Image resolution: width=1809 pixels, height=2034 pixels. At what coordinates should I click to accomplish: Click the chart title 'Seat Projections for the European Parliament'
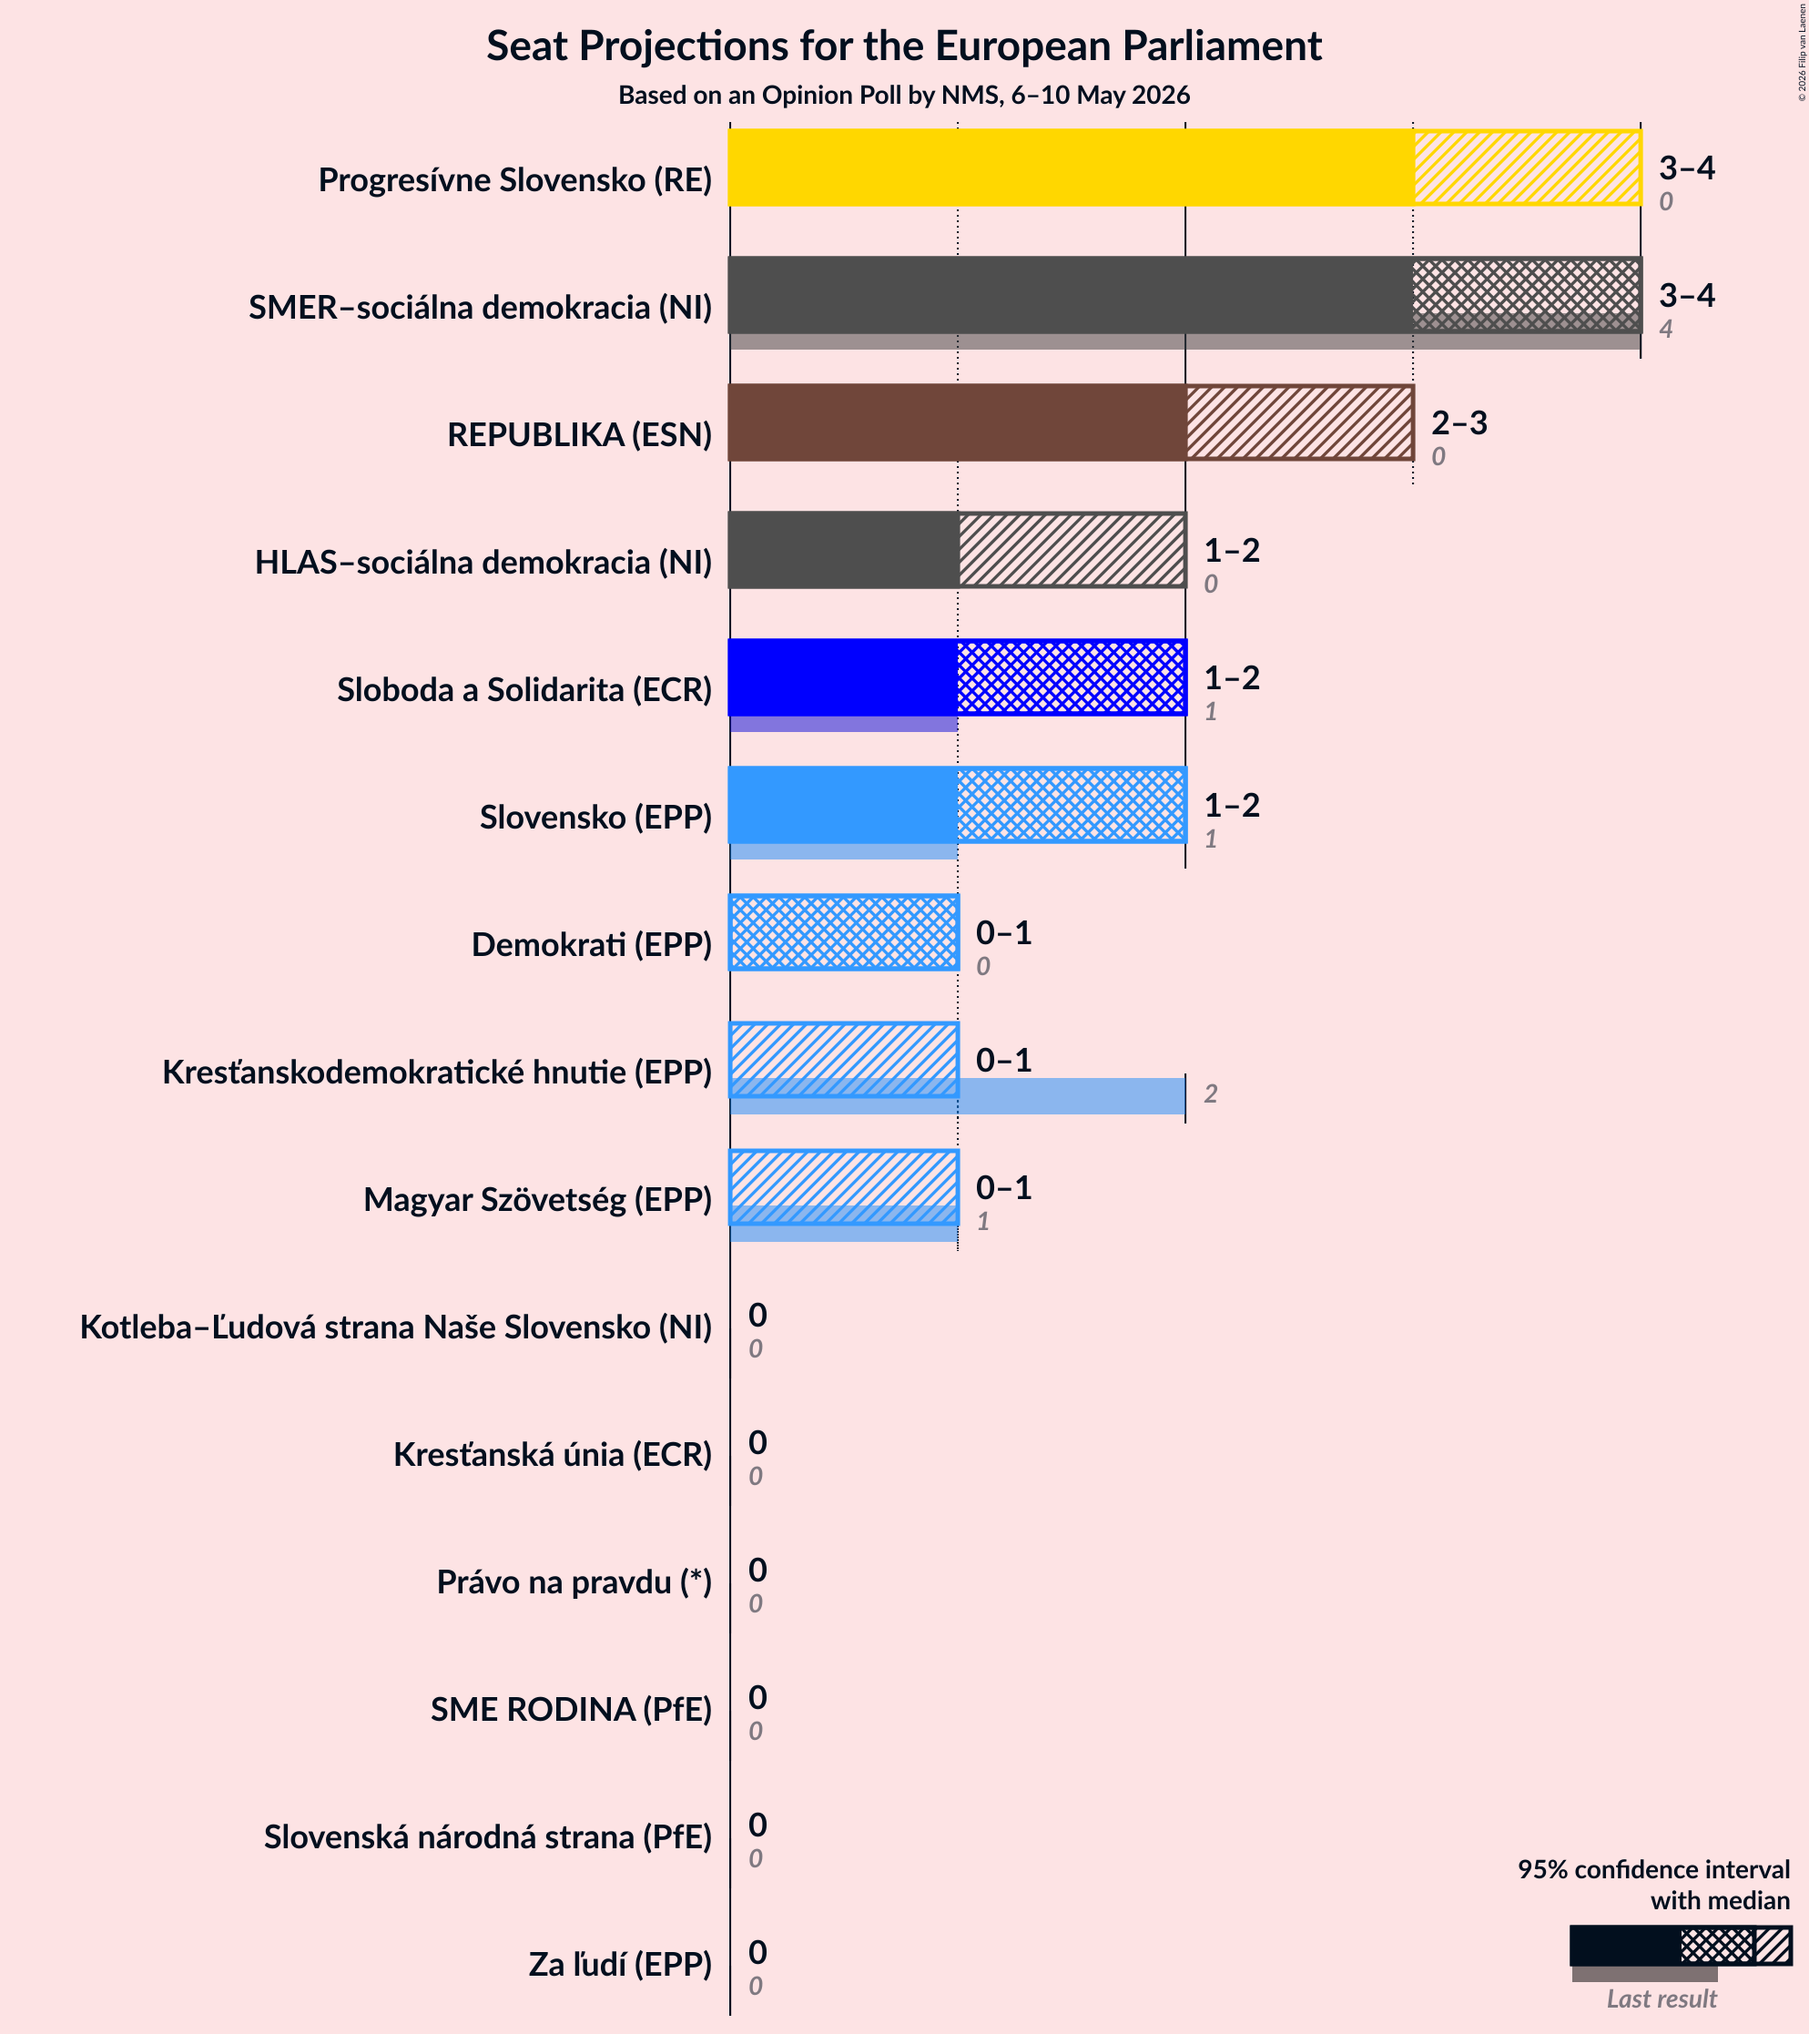point(903,46)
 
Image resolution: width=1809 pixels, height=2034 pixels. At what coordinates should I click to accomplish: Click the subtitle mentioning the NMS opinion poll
point(903,95)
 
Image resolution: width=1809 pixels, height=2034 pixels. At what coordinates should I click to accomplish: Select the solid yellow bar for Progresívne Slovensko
point(1071,168)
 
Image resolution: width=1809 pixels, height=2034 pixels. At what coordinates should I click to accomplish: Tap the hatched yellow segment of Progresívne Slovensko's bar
point(1528,168)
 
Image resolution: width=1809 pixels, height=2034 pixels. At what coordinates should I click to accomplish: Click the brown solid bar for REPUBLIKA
point(957,422)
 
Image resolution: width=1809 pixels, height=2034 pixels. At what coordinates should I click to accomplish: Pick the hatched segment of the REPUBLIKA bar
point(1299,422)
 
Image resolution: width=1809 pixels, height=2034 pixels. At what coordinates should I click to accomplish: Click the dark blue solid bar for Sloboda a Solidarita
point(843,676)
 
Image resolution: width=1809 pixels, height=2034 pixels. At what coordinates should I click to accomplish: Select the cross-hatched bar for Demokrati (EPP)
point(844,932)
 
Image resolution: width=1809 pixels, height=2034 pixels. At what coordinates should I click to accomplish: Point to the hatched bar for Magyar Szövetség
point(844,1187)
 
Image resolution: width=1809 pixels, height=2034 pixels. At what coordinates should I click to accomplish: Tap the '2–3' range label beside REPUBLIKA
point(1458,423)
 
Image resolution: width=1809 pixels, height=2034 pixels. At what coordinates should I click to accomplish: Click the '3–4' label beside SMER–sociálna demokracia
point(1687,296)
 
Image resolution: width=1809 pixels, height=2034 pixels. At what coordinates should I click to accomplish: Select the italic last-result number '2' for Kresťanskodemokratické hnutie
point(1211,1094)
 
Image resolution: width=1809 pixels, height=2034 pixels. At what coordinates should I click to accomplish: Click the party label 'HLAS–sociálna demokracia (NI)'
point(483,563)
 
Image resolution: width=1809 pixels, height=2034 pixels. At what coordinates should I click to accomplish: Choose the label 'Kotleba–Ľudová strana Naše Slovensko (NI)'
point(396,1327)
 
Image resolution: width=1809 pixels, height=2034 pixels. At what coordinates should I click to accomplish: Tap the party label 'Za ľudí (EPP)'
point(620,1964)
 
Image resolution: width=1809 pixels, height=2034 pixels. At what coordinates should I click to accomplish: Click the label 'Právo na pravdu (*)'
point(574,1581)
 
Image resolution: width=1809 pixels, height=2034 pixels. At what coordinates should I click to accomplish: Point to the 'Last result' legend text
point(1662,1999)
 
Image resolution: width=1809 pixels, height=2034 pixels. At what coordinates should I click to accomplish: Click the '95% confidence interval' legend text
point(1653,1869)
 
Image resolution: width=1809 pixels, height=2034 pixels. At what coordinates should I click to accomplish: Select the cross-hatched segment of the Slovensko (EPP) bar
point(1072,804)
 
